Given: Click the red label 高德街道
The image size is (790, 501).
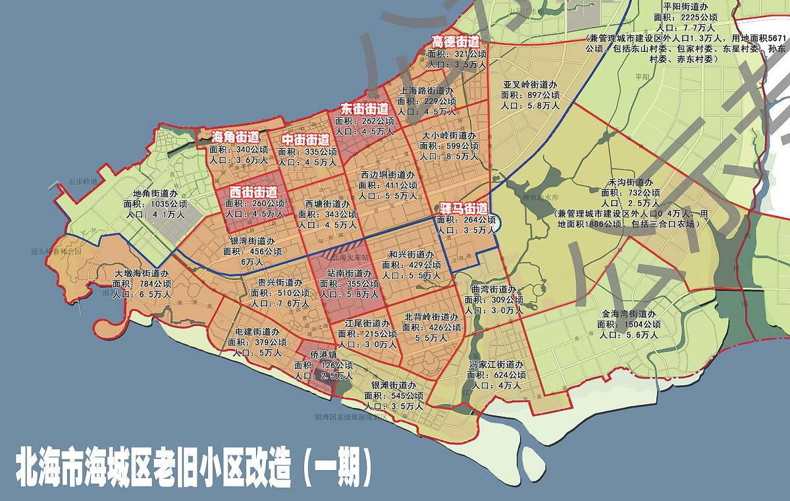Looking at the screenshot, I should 455,41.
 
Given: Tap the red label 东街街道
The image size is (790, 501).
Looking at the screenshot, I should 364,109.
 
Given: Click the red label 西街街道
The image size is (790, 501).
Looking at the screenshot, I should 253,192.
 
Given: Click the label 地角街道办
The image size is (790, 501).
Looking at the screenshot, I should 155,194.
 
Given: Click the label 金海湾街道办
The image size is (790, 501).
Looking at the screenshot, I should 628,314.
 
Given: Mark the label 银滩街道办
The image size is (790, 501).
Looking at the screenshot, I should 393,385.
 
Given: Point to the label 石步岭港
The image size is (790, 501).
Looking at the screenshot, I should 83,180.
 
